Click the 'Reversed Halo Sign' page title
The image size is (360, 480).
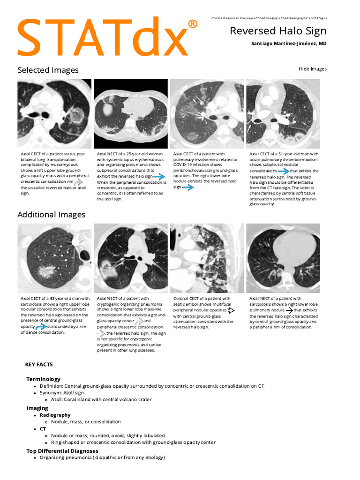[x=277, y=31]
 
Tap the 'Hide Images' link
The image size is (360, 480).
[x=312, y=69]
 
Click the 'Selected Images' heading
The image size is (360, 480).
[x=48, y=70]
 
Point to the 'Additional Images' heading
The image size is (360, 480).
[x=51, y=215]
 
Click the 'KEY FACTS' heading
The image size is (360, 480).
[x=39, y=364]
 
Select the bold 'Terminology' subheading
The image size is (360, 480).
[x=43, y=379]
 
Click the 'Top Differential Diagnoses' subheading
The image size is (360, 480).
[x=62, y=450]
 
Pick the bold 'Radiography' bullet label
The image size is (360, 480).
[x=55, y=415]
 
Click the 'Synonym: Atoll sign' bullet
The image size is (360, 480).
[x=61, y=393]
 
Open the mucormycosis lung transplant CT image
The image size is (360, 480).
[x=54, y=113]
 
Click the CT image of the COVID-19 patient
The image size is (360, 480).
[x=207, y=113]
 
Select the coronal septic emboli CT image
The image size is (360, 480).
[x=207, y=258]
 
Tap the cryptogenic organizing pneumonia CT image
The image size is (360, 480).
[x=130, y=258]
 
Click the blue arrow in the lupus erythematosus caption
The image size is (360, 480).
[x=159, y=177]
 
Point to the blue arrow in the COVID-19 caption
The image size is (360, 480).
[x=188, y=187]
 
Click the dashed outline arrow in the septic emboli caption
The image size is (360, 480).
[x=231, y=310]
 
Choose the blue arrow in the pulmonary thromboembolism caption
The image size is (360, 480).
[x=284, y=172]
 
